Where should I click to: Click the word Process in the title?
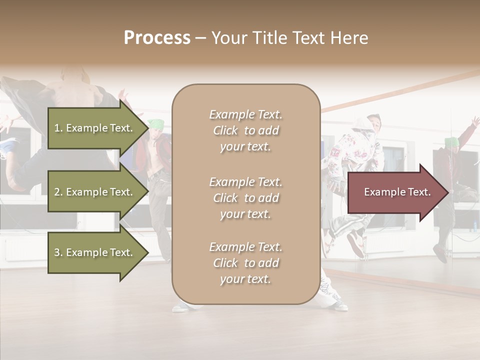tap(157, 38)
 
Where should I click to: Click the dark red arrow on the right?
tap(397, 192)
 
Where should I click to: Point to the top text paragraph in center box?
tap(245, 130)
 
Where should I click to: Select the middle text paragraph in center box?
tap(245, 198)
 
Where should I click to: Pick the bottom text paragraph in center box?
tap(245, 263)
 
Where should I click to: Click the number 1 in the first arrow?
tap(57, 128)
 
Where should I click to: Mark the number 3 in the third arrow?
tap(57, 253)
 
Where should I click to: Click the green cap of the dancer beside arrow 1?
tap(157, 123)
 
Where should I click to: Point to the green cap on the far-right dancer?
tap(451, 141)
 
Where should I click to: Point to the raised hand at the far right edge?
tap(475, 121)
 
